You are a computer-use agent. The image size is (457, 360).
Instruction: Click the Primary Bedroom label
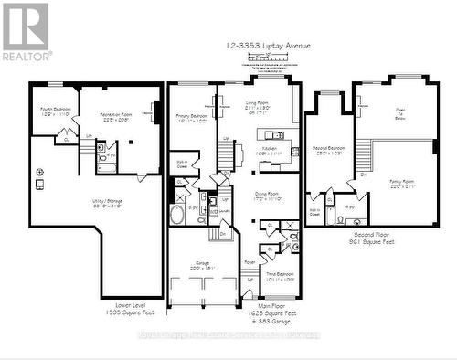point(193,119)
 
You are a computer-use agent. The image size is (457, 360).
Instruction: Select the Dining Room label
point(268,196)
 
